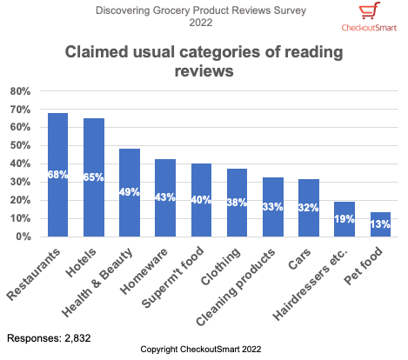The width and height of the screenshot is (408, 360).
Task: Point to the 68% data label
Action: click(58, 176)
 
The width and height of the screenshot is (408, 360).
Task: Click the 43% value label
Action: click(165, 197)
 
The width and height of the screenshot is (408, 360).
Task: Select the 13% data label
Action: click(380, 225)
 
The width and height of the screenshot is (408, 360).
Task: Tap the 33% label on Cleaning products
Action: click(273, 207)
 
